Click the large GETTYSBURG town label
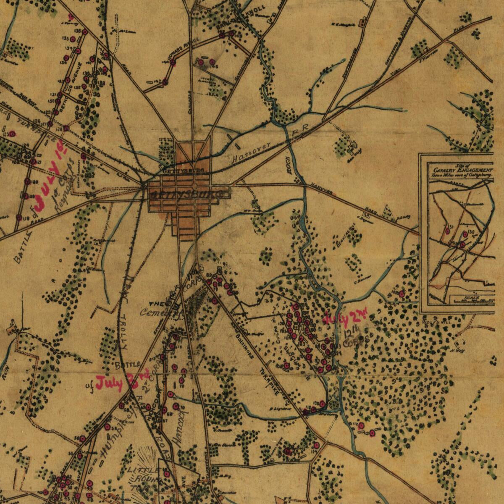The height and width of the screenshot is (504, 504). click(189, 194)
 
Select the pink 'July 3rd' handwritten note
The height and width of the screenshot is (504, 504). click(122, 381)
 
